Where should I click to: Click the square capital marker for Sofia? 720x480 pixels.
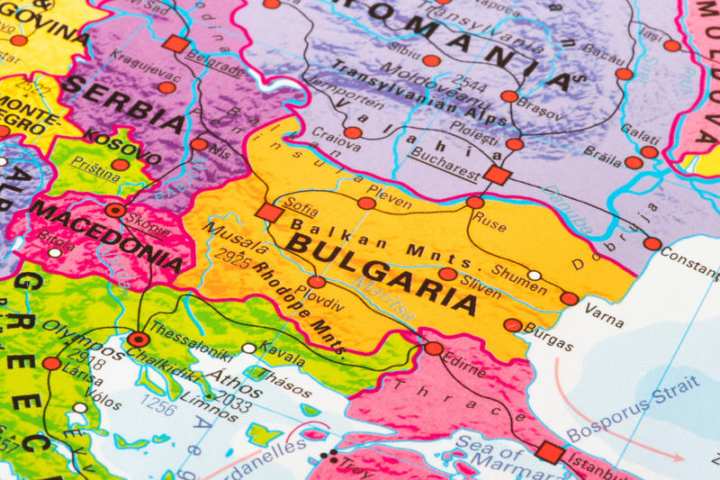(268, 212)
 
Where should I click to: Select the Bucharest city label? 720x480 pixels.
(443, 159)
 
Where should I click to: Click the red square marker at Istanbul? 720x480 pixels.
(549, 453)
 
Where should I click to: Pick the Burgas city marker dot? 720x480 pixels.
(512, 325)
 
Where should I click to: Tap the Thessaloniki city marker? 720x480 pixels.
(138, 340)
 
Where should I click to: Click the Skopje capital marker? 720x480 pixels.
(115, 211)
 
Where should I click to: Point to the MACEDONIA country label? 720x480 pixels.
(108, 237)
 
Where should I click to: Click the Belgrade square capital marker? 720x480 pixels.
(176, 44)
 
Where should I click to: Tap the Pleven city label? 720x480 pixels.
(389, 191)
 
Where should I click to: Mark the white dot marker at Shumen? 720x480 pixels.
(535, 276)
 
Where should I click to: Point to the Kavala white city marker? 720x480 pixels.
(249, 348)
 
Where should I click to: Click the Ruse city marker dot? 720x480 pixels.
(475, 203)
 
